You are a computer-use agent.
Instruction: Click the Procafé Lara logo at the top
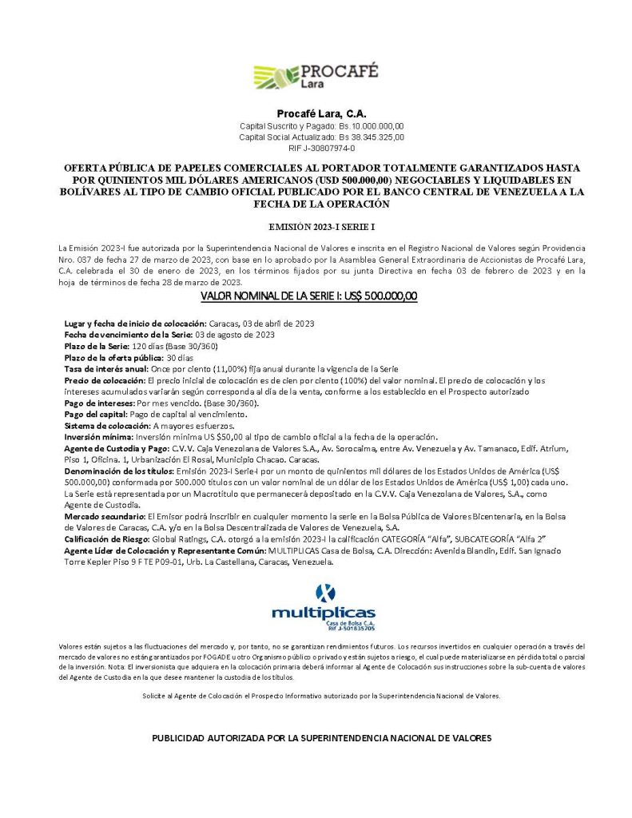[316, 77]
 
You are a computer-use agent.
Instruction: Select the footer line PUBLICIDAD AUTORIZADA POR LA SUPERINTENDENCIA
[321, 737]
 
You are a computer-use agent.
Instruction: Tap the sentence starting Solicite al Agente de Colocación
[321, 697]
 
